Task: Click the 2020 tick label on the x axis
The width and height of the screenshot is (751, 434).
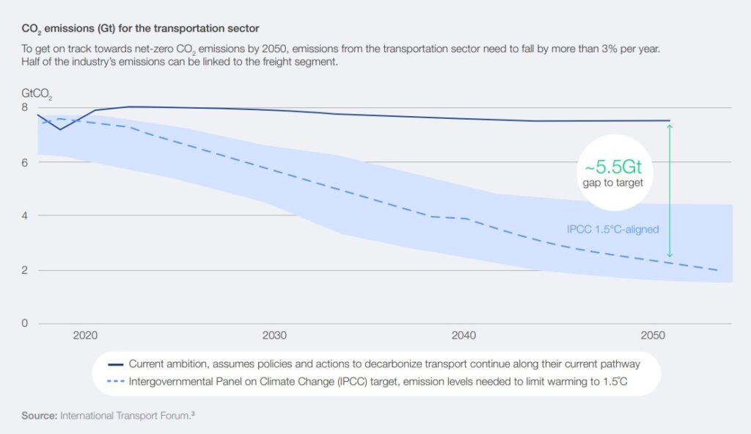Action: point(85,336)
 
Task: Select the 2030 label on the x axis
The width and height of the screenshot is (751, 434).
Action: point(274,336)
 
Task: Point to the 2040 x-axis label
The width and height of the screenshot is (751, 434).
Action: point(464,336)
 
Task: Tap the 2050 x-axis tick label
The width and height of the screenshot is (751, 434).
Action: point(653,336)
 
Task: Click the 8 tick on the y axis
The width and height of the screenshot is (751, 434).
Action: point(24,107)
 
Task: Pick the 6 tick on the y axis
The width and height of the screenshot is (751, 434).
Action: point(24,162)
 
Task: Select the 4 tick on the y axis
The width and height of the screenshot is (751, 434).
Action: point(24,216)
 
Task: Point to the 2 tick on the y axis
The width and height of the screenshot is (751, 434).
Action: point(24,270)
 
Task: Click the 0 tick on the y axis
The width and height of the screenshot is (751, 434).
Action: point(24,323)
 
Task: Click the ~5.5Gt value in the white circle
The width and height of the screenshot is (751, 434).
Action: point(613,167)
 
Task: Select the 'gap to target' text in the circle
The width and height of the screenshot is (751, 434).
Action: point(613,183)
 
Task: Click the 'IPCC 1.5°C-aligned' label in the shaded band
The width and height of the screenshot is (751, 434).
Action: point(612,229)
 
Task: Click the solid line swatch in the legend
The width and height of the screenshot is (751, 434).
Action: point(114,364)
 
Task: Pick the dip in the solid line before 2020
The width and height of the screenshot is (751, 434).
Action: point(60,129)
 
